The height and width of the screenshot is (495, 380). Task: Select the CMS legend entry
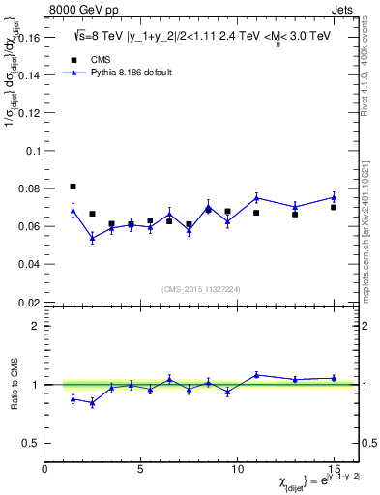pos(86,59)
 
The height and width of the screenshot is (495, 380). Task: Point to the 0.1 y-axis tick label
pos(32,151)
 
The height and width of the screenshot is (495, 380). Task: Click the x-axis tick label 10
pos(237,469)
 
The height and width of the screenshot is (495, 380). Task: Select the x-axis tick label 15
pos(334,469)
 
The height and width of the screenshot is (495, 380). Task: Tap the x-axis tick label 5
pos(141,469)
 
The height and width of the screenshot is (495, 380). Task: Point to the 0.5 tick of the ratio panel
pos(29,443)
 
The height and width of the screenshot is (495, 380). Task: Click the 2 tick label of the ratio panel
pos(35,326)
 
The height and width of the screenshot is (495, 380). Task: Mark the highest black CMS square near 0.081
pos(73,187)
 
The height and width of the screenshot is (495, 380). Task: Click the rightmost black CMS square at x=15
pos(334,207)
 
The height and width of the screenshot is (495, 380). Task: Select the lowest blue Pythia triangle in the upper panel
pos(92,238)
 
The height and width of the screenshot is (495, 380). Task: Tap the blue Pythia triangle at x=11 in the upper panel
pos(256,198)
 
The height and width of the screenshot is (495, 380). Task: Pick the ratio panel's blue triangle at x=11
pos(256,375)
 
